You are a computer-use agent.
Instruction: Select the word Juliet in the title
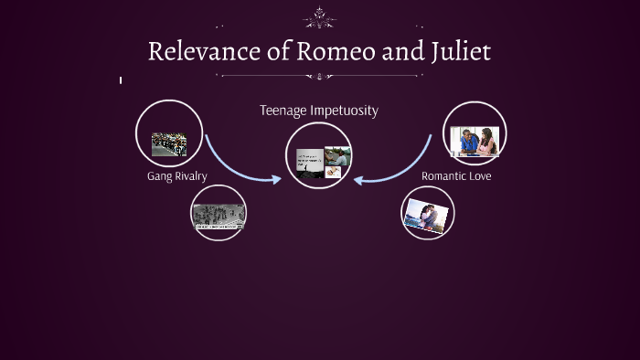click(x=459, y=51)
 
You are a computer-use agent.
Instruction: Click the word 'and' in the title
click(x=397, y=51)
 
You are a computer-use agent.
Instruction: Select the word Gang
click(x=159, y=175)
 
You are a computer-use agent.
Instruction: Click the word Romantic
click(x=444, y=175)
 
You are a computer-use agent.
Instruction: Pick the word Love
click(x=480, y=175)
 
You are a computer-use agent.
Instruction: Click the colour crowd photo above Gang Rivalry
click(x=169, y=144)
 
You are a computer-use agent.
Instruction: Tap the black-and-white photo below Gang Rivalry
click(x=219, y=215)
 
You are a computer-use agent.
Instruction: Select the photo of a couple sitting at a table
click(x=475, y=142)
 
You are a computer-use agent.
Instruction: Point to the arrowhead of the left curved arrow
click(x=277, y=178)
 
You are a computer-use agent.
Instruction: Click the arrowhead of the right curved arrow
click(x=359, y=178)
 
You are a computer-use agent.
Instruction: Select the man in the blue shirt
click(x=467, y=141)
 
